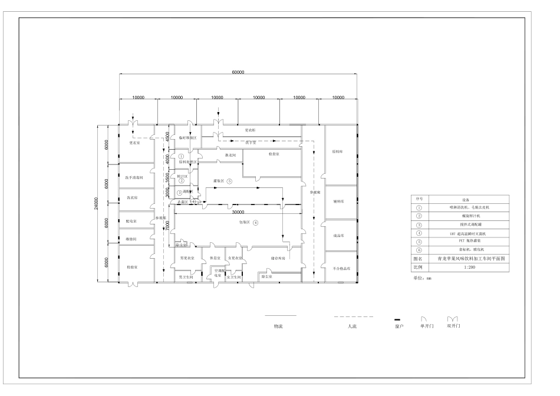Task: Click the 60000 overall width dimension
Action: click(x=238, y=72)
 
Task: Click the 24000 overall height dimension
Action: click(x=96, y=203)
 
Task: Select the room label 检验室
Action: click(x=133, y=268)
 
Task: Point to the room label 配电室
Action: click(x=131, y=222)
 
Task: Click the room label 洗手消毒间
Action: click(x=134, y=177)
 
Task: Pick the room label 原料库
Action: click(x=338, y=151)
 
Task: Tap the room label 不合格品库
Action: click(x=341, y=268)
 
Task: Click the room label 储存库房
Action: click(x=279, y=258)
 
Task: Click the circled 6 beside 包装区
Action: click(x=255, y=222)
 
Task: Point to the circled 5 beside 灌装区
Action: click(x=230, y=181)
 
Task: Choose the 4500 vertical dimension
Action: click(x=167, y=136)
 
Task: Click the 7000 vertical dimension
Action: click(x=167, y=226)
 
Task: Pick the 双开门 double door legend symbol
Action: click(x=453, y=319)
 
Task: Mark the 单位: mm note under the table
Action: click(x=424, y=278)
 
